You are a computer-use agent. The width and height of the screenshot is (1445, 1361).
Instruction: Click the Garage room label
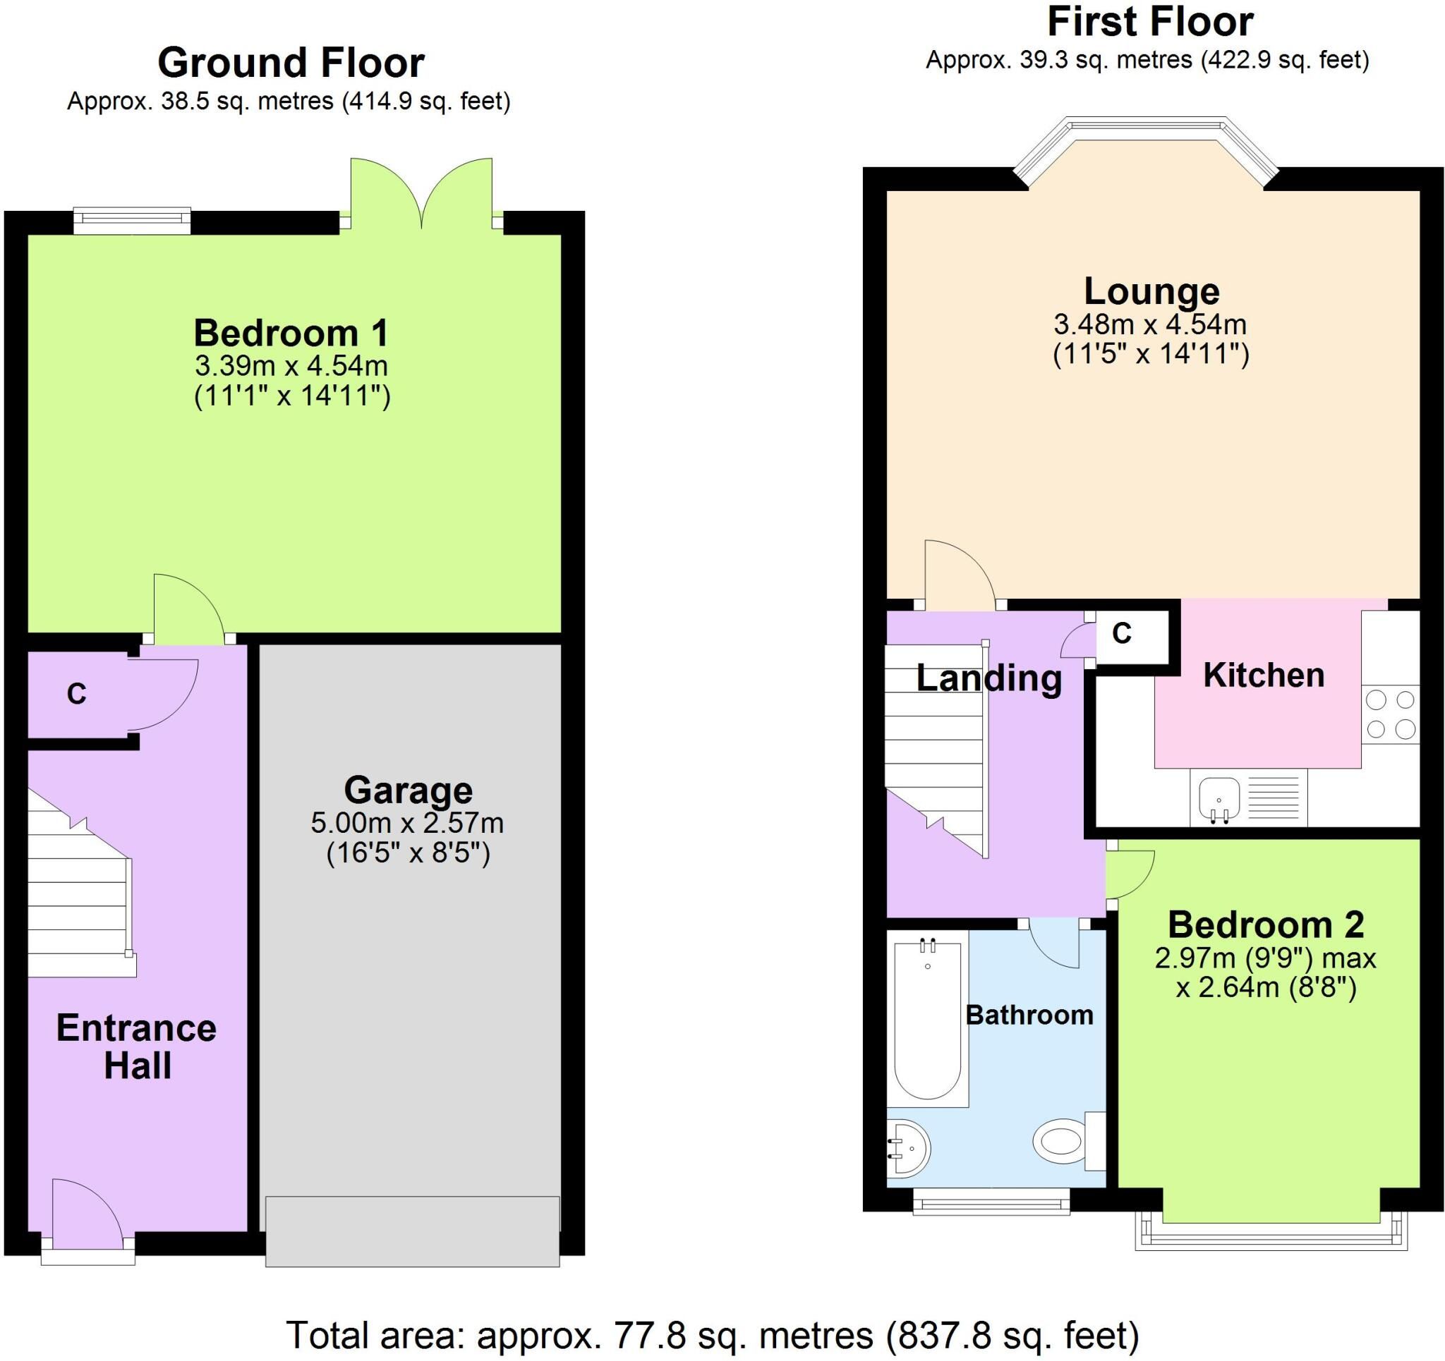[x=408, y=790]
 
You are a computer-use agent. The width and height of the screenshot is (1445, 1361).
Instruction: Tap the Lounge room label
[x=1151, y=291]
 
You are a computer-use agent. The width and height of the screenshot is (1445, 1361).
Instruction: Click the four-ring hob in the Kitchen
[x=1391, y=714]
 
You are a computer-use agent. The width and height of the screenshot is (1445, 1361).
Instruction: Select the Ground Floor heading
[x=291, y=63]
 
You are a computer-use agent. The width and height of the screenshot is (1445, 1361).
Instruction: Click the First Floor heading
[x=1150, y=22]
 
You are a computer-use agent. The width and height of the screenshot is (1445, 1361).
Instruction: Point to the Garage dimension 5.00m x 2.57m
[x=408, y=822]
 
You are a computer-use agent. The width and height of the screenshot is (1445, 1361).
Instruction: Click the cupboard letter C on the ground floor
[x=76, y=694]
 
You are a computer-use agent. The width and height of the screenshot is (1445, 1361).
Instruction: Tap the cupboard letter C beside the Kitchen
[x=1123, y=634]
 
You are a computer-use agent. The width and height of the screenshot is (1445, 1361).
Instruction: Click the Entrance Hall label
[x=137, y=1047]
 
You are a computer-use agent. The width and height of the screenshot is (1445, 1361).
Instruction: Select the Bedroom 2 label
[x=1266, y=925]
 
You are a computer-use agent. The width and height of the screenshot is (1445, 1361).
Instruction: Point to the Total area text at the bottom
[x=713, y=1335]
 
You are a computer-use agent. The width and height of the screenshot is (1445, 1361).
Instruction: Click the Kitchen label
[x=1264, y=675]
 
